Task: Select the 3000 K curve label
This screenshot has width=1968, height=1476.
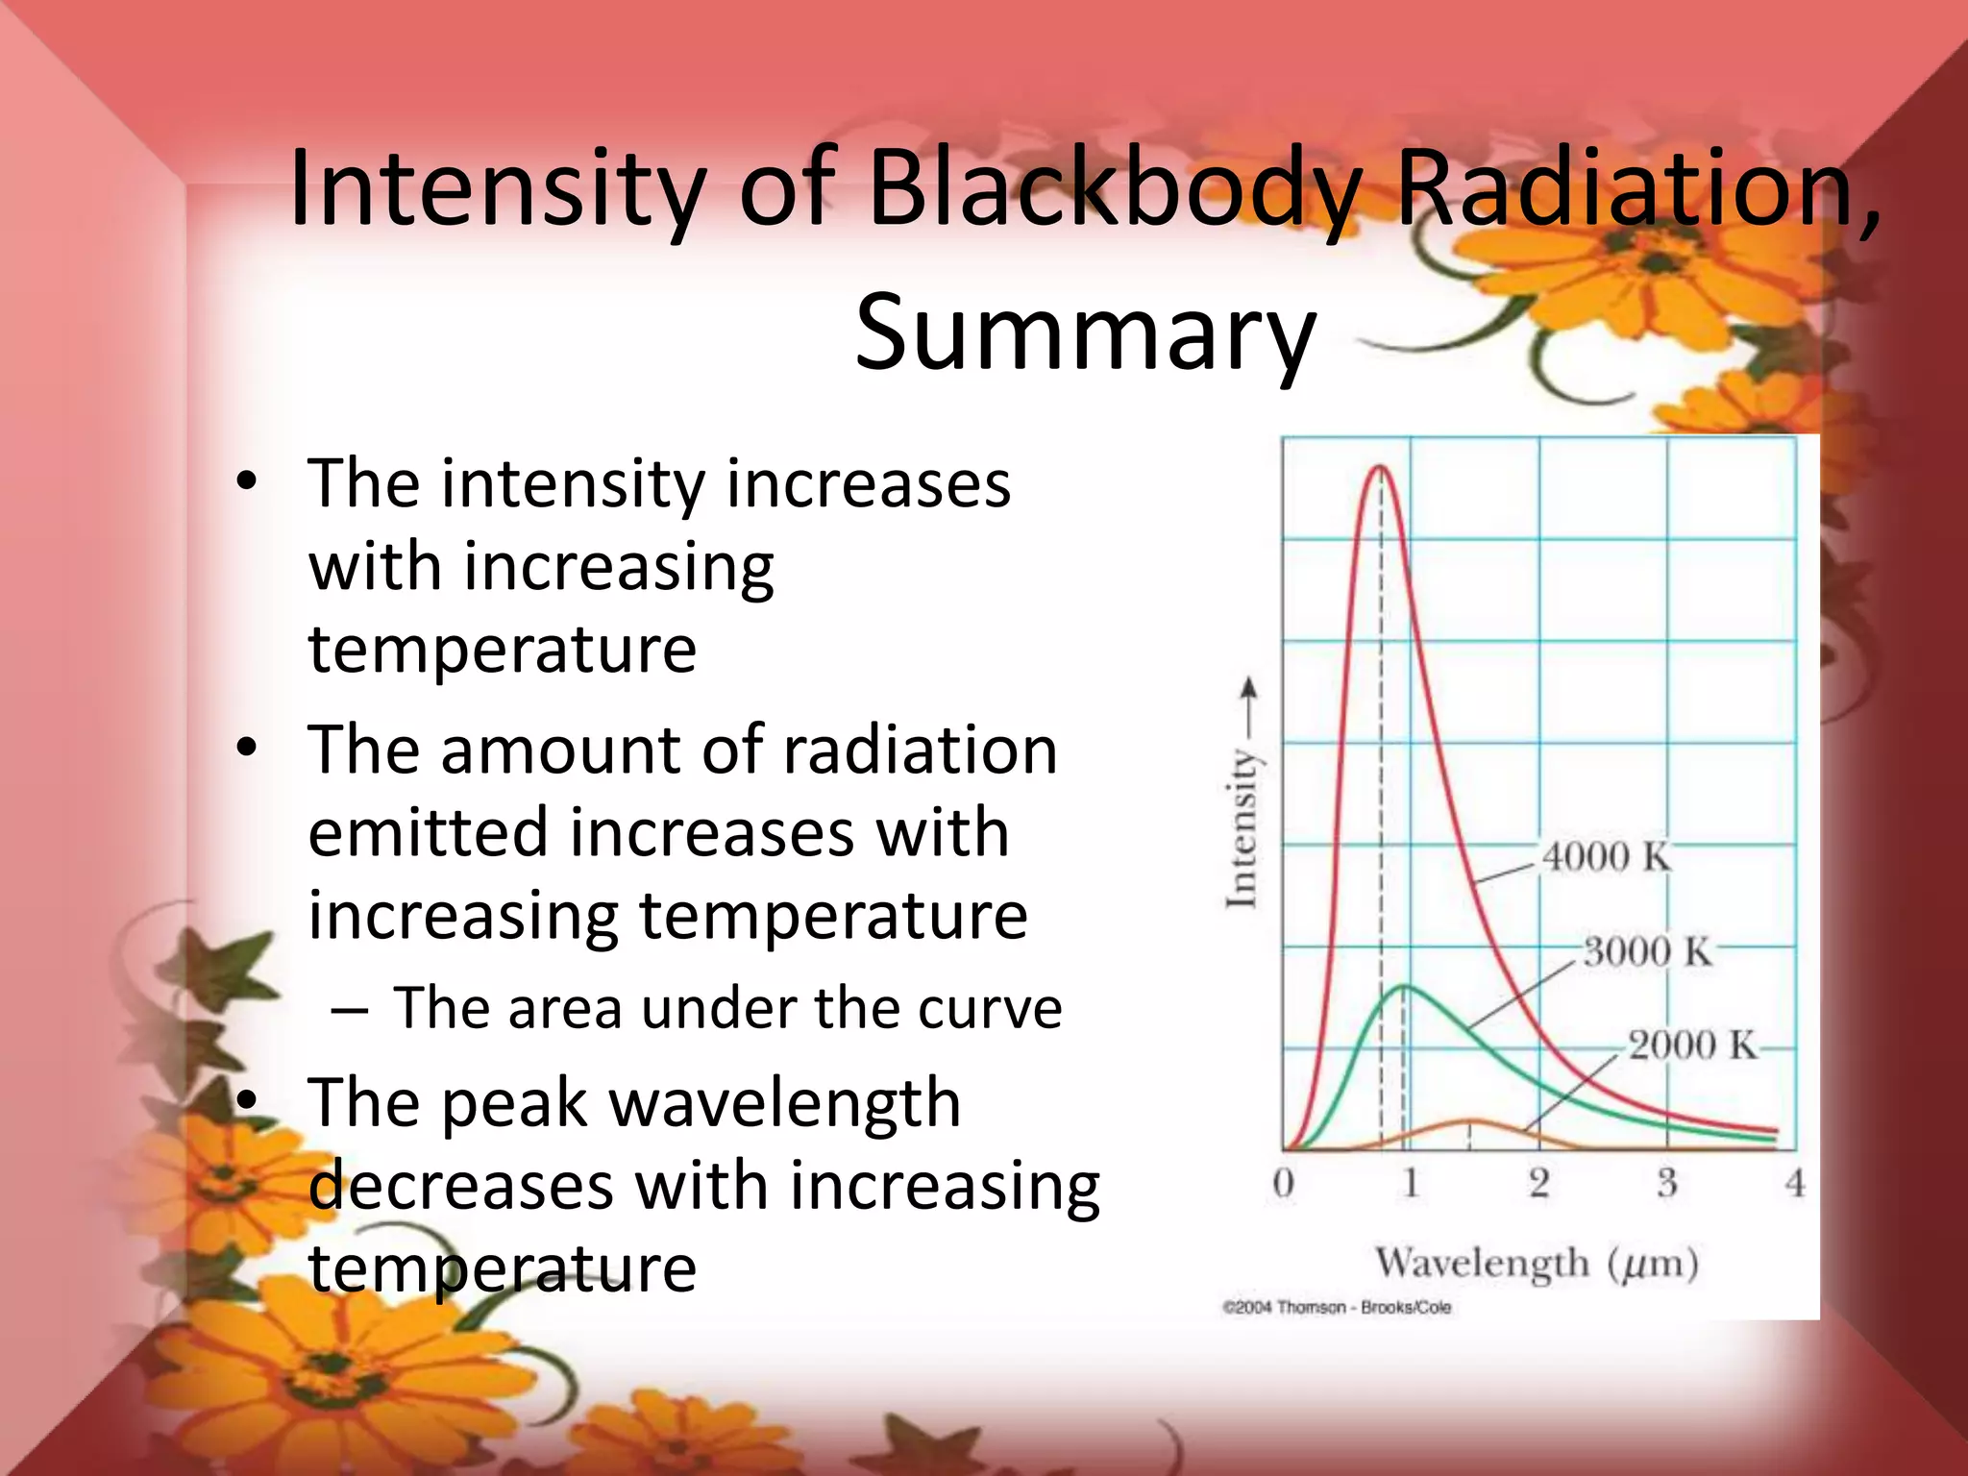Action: (x=1647, y=951)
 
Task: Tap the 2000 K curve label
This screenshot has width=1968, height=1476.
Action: (x=1691, y=1045)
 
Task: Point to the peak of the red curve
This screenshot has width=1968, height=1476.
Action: (x=1381, y=467)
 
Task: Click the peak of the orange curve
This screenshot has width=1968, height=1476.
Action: (x=1468, y=1121)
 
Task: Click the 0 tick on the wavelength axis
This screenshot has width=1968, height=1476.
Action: (x=1283, y=1183)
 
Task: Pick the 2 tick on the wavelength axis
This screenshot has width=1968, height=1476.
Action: (x=1538, y=1183)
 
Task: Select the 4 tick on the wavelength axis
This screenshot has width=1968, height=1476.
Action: (x=1794, y=1183)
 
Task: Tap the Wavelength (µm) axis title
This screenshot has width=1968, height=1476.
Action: (x=1537, y=1263)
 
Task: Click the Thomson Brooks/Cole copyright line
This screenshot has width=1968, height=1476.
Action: (x=1337, y=1308)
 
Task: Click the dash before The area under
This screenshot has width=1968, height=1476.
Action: (x=348, y=1012)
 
